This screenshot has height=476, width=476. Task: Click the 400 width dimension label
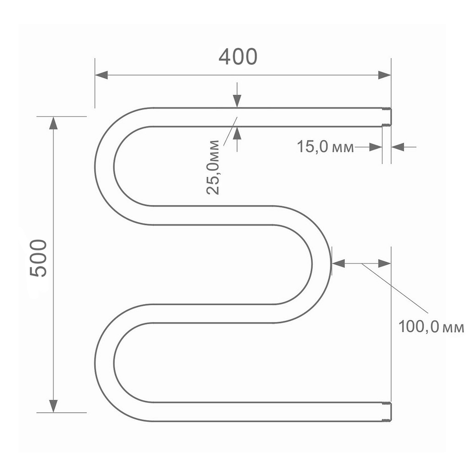238,57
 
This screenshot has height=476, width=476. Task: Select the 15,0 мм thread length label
326,147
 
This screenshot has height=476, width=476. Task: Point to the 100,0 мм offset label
431,327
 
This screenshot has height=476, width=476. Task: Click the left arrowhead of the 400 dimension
101,75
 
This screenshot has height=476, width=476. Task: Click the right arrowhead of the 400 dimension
384,75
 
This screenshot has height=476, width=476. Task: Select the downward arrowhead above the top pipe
237,101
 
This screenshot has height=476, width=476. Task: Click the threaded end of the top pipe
387,117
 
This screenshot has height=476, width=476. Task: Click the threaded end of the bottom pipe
387,412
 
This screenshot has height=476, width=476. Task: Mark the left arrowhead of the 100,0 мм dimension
338,263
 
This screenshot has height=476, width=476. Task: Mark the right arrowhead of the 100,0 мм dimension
385,263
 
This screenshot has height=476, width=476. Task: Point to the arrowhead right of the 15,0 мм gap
397,148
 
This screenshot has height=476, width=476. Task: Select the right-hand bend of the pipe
321,264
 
